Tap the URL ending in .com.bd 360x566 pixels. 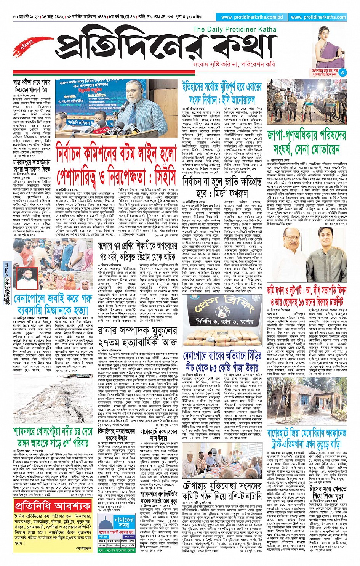[252, 17]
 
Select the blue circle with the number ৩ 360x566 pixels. [342, 72]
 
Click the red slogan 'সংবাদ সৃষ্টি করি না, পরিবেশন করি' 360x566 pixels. [234, 64]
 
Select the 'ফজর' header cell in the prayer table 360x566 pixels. [102, 540]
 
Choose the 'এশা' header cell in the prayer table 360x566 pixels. [131, 540]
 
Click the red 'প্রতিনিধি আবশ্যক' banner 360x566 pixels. [53, 506]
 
